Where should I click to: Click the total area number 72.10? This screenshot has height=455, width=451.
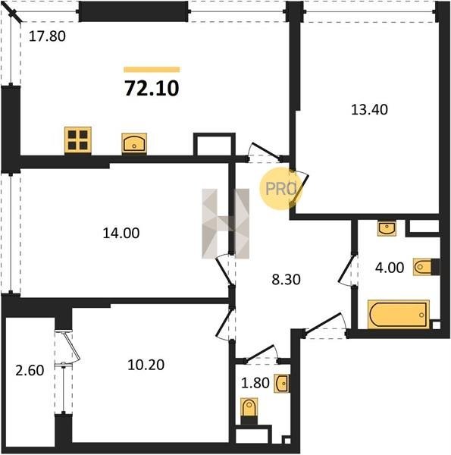coord(152,88)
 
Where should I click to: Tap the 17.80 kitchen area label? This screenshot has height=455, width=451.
coord(47,36)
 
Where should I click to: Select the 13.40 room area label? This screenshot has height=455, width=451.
coord(369,110)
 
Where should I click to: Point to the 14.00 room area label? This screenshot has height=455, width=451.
coord(121,233)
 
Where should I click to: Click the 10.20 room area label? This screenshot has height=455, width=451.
coord(146,365)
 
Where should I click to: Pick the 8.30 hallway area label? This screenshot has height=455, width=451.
coord(286,280)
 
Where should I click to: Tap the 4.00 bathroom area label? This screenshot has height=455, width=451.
coord(390,268)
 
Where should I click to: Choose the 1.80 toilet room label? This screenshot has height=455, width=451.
coord(255,383)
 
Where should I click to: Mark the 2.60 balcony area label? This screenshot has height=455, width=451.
coord(30,371)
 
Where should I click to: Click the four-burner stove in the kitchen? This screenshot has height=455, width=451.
coord(78,140)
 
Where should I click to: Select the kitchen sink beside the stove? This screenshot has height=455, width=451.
coord(134,143)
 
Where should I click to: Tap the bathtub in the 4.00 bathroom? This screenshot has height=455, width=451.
coord(399,315)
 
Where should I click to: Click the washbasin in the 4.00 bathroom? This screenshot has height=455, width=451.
coord(387,227)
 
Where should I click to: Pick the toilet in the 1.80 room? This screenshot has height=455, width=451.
coord(249,410)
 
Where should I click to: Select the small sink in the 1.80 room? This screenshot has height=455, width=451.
coord(282,384)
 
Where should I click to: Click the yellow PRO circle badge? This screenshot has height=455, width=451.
coord(280,189)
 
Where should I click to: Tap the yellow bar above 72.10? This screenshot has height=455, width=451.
coord(152,69)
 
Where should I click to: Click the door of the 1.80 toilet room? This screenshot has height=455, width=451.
coord(262,354)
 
